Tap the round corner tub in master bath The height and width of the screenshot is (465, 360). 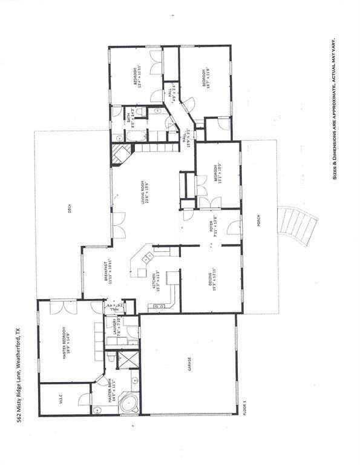coord(128,402)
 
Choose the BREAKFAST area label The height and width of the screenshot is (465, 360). coord(106,272)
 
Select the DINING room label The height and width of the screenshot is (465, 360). coord(215,279)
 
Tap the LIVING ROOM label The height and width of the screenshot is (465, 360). coord(146,196)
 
